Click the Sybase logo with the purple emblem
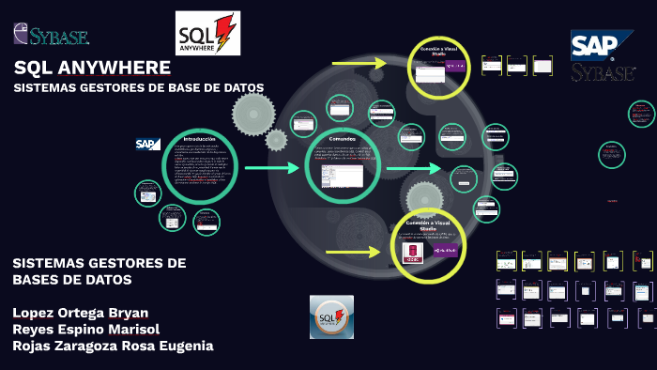point(51,36)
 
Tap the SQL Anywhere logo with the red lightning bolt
point(207,34)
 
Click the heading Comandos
point(341,140)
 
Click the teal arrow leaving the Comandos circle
point(413,168)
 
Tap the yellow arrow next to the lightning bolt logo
point(359,64)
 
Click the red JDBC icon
point(411,253)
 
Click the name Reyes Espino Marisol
point(85,329)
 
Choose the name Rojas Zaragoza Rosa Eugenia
point(113,346)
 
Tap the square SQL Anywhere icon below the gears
point(331,316)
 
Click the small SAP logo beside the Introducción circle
point(147,144)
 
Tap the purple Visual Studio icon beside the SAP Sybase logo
point(454,66)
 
